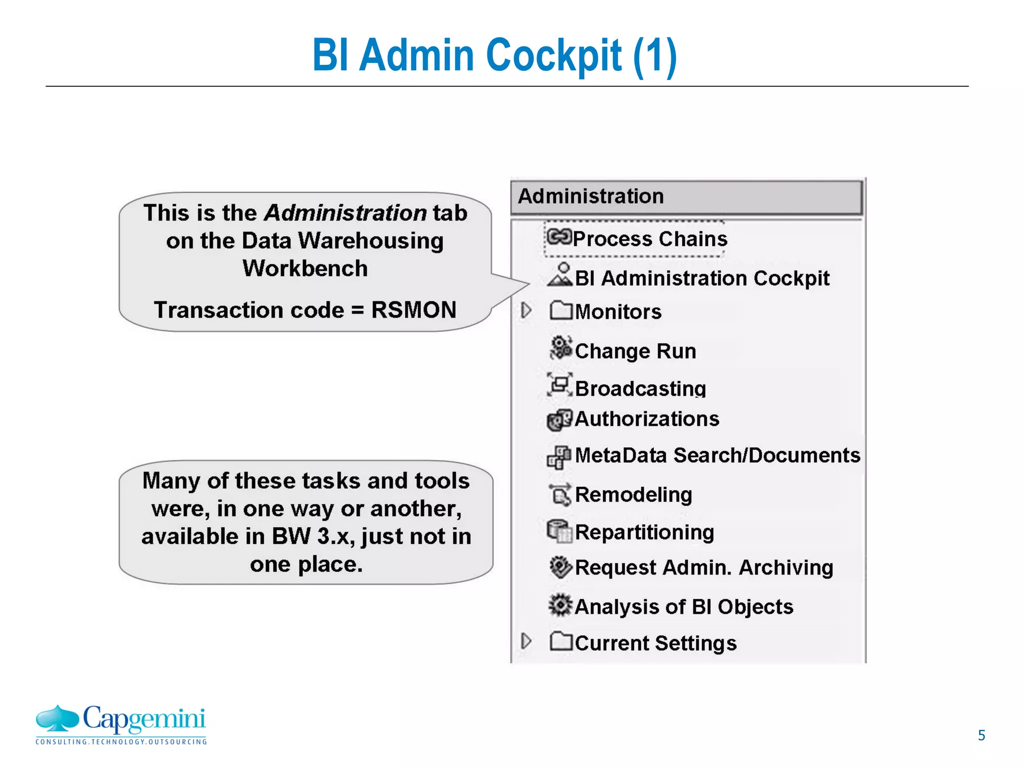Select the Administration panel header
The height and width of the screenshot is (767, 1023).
click(x=686, y=197)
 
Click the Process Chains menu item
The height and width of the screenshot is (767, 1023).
click(x=649, y=239)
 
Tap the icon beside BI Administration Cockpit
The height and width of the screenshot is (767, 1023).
click(x=560, y=275)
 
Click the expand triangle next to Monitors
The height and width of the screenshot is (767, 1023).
click(x=525, y=311)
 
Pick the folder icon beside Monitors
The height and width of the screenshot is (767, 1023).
click(x=560, y=311)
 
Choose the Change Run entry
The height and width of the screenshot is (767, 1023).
click(x=635, y=351)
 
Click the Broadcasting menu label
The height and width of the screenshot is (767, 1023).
click(x=640, y=388)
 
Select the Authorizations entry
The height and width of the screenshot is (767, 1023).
click(x=647, y=419)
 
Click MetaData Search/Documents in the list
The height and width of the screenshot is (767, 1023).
click(x=717, y=455)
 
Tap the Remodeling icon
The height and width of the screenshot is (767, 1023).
click(x=560, y=494)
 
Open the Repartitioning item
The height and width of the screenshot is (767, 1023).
click(x=644, y=532)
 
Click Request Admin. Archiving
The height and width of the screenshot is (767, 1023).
click(x=704, y=568)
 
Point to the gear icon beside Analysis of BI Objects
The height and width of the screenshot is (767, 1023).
click(x=560, y=605)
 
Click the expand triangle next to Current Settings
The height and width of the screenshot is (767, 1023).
click(x=525, y=641)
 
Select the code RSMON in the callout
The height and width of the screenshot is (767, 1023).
click(x=414, y=310)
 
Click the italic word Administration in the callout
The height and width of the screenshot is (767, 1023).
click(x=345, y=213)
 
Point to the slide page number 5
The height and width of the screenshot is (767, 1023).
click(x=981, y=736)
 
